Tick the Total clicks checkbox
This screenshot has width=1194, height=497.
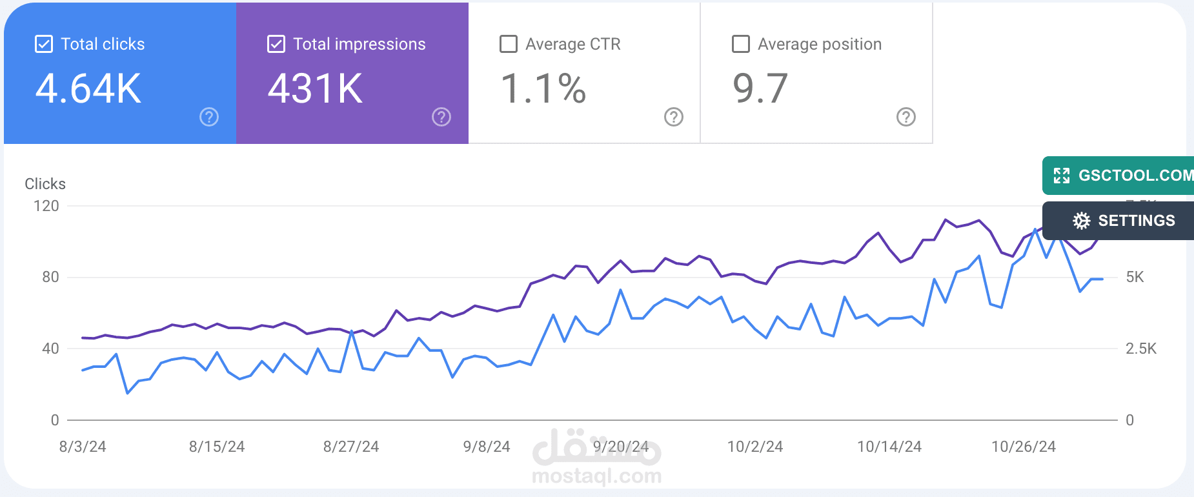[44, 44]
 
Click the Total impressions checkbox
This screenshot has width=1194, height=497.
[276, 44]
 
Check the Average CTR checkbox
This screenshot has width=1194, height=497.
[509, 44]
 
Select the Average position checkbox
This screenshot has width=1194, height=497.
[741, 44]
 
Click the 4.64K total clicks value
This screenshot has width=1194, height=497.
[88, 88]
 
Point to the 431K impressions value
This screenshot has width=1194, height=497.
[316, 88]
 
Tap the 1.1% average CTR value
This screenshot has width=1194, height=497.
[543, 88]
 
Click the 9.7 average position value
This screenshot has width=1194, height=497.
[760, 88]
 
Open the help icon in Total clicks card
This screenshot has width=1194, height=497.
[209, 117]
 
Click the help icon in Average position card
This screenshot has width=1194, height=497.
[906, 117]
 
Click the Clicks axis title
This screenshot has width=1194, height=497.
[45, 184]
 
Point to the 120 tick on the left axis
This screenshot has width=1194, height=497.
[46, 206]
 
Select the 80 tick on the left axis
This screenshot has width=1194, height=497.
[50, 277]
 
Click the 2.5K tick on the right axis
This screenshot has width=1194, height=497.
[1141, 349]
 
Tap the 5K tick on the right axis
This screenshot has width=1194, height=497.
[1135, 277]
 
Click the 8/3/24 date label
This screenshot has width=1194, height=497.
[83, 447]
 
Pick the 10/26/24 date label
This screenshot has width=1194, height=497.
[1024, 447]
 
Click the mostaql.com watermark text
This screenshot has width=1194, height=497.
[597, 476]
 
